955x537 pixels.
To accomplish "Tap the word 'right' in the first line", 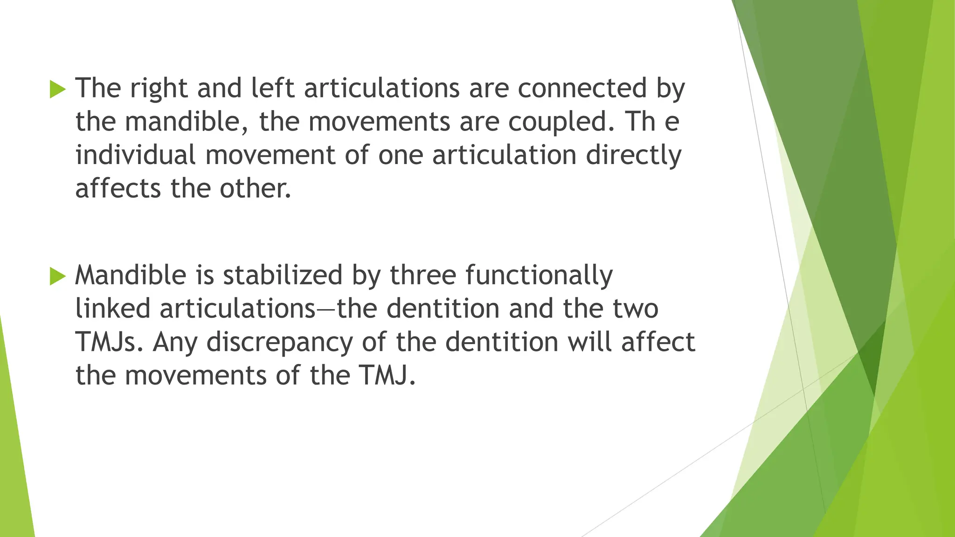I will click(x=159, y=89).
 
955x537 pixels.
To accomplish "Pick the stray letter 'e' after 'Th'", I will click(x=671, y=122).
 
